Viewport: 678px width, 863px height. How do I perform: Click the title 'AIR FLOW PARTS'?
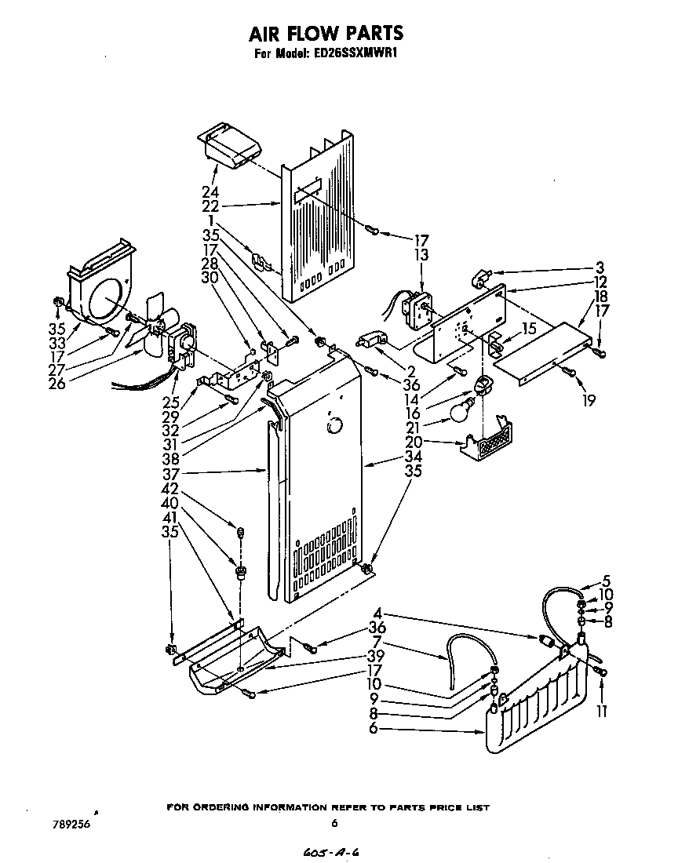tap(326, 32)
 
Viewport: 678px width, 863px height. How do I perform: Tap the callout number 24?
tap(210, 192)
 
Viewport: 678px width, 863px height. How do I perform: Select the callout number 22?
tap(210, 206)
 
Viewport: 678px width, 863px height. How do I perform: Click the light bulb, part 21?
tap(462, 412)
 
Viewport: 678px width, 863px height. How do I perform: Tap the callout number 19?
tap(589, 400)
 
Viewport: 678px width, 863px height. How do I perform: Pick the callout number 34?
tap(413, 457)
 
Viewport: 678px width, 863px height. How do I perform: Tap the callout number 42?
tap(169, 489)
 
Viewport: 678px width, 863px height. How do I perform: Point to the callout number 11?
tap(601, 712)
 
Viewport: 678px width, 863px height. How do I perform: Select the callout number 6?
tap(373, 728)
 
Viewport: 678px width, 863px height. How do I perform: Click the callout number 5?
tap(605, 581)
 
